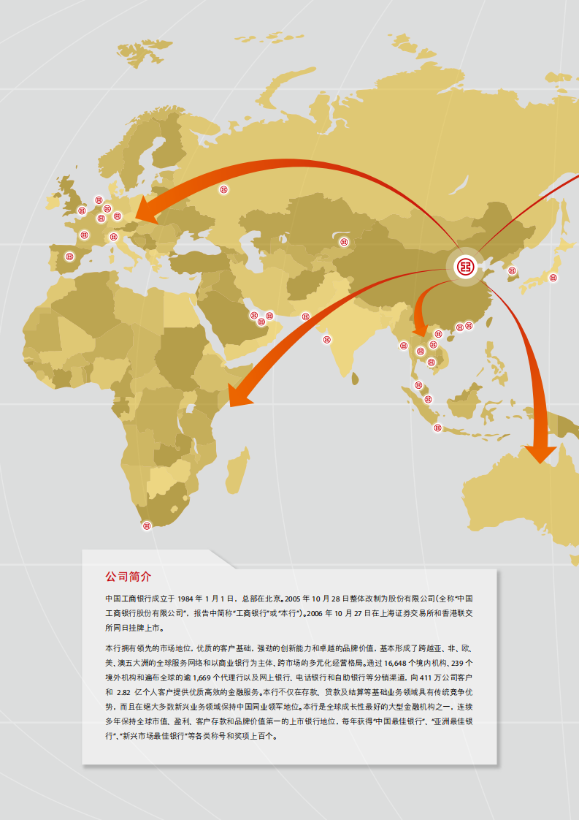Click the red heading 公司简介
point(129,577)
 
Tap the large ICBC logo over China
point(464,267)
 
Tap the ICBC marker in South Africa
point(147,525)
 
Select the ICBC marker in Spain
point(69,257)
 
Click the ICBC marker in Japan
point(553,278)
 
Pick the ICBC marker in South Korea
point(512,271)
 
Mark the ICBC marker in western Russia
point(223,190)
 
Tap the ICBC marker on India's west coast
point(326,338)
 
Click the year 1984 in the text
point(189,598)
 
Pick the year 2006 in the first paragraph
point(316,613)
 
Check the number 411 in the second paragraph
point(432,677)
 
